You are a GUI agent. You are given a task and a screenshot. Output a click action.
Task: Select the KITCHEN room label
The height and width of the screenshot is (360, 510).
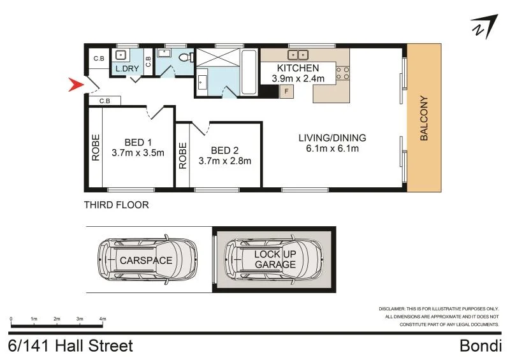pos(298,68)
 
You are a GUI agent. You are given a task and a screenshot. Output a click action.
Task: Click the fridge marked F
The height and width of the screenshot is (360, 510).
pos(287,92)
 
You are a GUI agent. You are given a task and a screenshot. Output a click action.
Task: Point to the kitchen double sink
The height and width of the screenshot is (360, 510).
pos(297,54)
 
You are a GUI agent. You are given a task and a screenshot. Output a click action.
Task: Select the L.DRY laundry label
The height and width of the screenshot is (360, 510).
pos(127,68)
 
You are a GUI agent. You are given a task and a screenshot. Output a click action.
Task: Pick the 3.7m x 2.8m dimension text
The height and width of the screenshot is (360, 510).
pos(225,161)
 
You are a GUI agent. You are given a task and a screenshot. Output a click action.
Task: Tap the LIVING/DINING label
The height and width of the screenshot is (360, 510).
pos(332,138)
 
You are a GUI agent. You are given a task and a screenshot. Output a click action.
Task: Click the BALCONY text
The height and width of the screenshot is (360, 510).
pos(423,119)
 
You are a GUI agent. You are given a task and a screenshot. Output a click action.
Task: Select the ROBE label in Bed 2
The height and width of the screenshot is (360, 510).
pos(183,155)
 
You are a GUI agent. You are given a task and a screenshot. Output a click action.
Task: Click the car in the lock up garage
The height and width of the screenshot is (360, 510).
pos(275,259)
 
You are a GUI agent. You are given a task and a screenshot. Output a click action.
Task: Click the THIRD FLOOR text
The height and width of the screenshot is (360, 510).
pos(117,205)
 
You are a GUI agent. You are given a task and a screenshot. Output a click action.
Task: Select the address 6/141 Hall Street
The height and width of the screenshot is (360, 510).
pos(71,346)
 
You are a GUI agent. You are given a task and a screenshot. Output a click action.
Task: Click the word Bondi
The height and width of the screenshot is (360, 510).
pos(481,346)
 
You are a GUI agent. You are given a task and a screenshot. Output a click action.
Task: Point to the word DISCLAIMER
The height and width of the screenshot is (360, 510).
pos(396,308)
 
